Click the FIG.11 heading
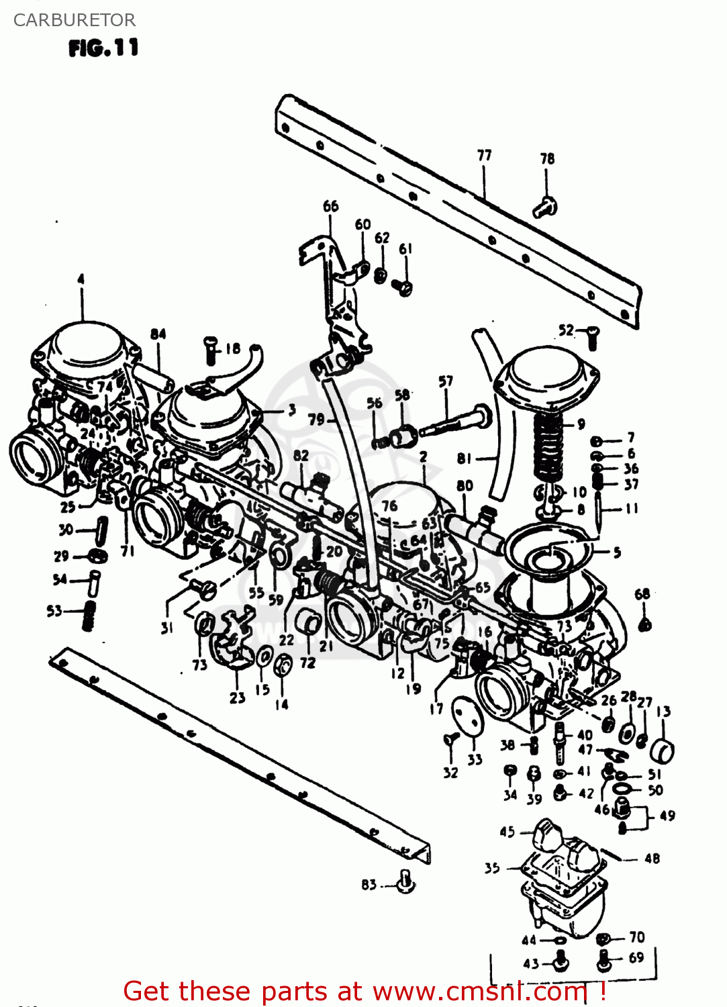coord(103,48)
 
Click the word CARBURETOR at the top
coord(74,20)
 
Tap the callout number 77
coord(484,155)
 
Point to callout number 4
coord(81,279)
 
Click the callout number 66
coord(331,206)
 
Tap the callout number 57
coord(446,381)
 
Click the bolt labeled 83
coord(405,882)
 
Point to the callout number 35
coord(492,867)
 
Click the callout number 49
coord(667,816)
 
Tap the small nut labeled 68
coord(644,624)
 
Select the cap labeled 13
coord(663,751)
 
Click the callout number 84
coord(158,334)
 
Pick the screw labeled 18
coord(210,350)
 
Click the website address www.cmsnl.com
coord(479,992)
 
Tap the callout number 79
coord(316,420)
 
